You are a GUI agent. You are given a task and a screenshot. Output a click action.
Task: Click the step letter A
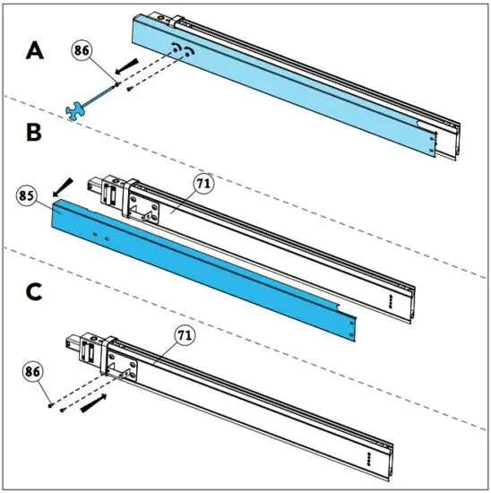34,51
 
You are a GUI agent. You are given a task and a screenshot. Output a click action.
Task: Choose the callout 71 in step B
201,184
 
